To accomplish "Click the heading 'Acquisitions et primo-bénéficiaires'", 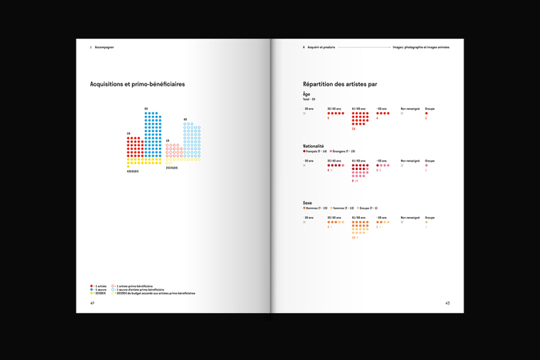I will pyautogui.click(x=137, y=83).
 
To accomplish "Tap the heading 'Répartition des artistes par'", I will pyautogui.click(x=340, y=83).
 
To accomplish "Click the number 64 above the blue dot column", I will pyautogui.click(x=146, y=108).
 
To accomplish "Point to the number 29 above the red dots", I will pyautogui.click(x=128, y=134).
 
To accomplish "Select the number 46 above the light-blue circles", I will pyautogui.click(x=185, y=119).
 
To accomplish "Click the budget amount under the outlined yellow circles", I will pyautogui.click(x=172, y=168).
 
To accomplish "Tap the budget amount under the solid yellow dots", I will pyautogui.click(x=133, y=171).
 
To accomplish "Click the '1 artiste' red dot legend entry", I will pyautogui.click(x=99, y=286).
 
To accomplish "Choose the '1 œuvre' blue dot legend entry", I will pyautogui.click(x=99, y=290).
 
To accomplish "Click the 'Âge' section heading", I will pyautogui.click(x=307, y=94).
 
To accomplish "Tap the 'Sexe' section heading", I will pyautogui.click(x=308, y=202).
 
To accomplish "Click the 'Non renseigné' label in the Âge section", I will pyautogui.click(x=410, y=108).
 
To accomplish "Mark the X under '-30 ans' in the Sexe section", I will pyautogui.click(x=304, y=222).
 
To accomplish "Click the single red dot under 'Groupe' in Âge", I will pyautogui.click(x=426, y=114).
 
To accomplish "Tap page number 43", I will pyautogui.click(x=447, y=303).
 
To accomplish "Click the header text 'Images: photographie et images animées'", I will pyautogui.click(x=420, y=47).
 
